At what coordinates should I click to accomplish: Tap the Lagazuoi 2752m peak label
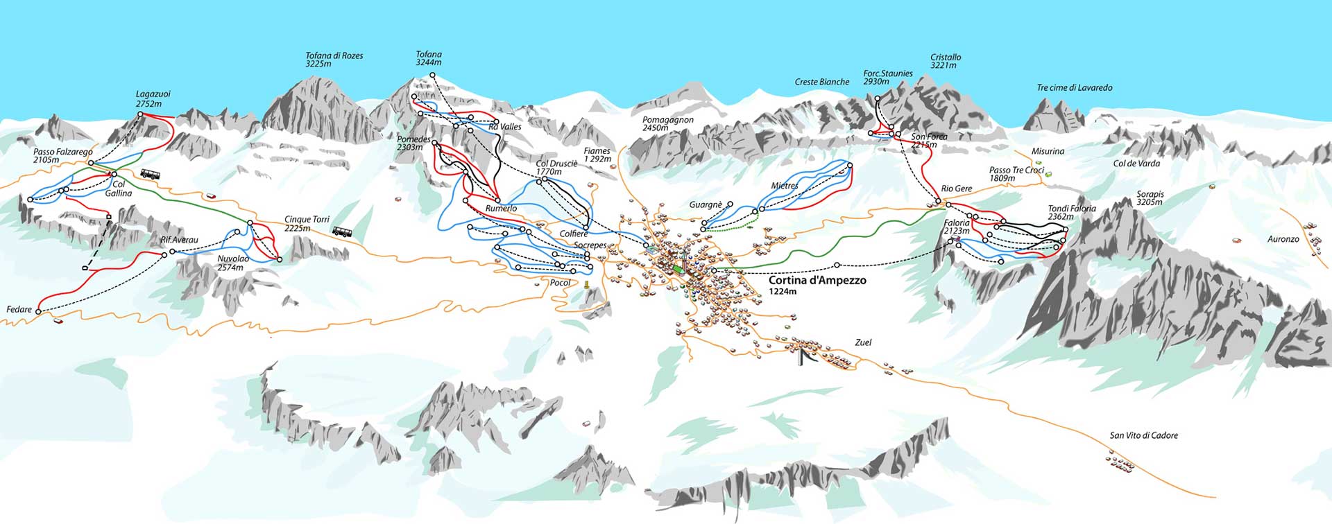[x=153, y=99]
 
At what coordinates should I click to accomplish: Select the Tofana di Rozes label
[x=334, y=60]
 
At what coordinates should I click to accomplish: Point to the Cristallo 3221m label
[x=946, y=61]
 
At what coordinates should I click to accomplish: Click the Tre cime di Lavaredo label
[x=1074, y=88]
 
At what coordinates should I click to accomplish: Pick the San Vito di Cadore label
[x=1143, y=435]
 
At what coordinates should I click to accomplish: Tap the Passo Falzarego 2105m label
[x=62, y=156]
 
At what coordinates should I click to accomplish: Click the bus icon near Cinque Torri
[x=342, y=232]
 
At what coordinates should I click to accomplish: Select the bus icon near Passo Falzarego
[x=150, y=175]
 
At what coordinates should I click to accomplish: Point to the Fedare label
[x=19, y=309]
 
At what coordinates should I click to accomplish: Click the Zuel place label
[x=863, y=342]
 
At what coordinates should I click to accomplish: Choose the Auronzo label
[x=1283, y=239]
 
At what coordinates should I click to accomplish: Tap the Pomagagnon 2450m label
[x=667, y=124]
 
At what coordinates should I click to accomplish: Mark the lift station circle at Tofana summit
[x=432, y=75]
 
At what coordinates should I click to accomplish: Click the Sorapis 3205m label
[x=1150, y=198]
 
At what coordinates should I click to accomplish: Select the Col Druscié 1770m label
[x=556, y=168]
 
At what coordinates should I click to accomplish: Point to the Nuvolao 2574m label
[x=232, y=263]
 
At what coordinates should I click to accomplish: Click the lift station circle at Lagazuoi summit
[x=139, y=114]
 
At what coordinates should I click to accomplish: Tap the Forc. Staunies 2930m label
[x=887, y=77]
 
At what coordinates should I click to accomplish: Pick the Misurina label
[x=1048, y=151]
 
